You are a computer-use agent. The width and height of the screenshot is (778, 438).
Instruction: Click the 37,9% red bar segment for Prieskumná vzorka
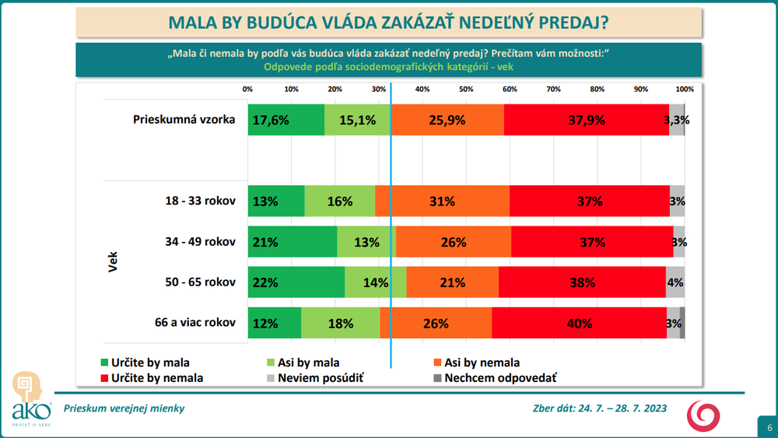coord(586,120)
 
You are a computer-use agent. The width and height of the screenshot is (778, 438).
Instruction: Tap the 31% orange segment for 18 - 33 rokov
coord(443,201)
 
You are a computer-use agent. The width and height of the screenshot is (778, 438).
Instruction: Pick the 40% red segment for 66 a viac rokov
coord(579,323)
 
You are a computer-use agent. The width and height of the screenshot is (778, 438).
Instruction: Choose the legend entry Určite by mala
coord(145,363)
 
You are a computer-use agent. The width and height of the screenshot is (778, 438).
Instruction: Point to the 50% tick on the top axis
coord(466,89)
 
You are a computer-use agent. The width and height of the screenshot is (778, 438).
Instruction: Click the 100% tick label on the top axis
coord(684,89)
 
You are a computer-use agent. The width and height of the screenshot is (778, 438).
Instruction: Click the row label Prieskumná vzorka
coord(184,120)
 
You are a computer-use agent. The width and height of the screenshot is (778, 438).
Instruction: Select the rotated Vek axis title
coord(112,262)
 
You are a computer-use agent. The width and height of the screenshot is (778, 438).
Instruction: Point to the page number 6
coord(769,428)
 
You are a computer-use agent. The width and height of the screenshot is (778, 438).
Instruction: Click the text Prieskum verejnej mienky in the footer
coord(124,408)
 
